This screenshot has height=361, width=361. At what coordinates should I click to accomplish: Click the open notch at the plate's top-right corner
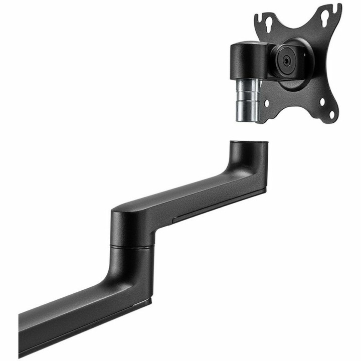tap(339, 9)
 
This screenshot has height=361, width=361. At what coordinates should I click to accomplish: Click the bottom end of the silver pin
tap(246, 119)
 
